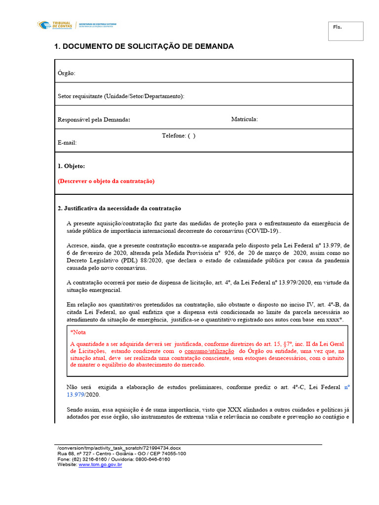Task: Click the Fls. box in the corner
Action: tap(345, 31)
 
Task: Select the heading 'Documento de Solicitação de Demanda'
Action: tap(144, 47)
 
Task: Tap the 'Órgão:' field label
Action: tap(67, 73)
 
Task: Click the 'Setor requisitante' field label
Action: tap(121, 96)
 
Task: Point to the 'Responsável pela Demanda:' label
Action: tap(94, 119)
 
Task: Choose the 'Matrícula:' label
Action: tap(244, 119)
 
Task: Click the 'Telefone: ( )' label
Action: tap(179, 136)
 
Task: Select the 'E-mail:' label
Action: tap(67, 143)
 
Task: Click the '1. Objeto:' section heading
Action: tap(72, 166)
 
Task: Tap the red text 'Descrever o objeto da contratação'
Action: tap(106, 181)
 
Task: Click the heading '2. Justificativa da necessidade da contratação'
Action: tap(120, 208)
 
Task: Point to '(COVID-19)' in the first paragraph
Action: tap(262, 231)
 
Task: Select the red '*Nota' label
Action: tap(78, 332)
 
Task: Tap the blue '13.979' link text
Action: tap(76, 395)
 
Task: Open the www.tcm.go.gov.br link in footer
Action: tap(100, 465)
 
